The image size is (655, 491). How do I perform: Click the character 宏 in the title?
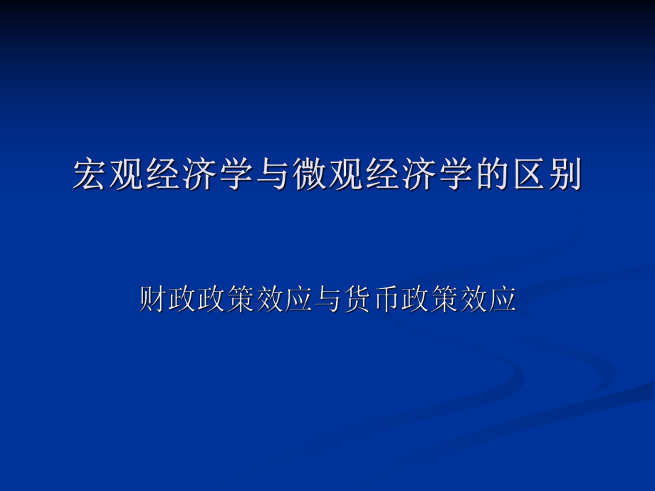click(x=91, y=175)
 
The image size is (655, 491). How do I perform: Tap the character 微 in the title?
click(x=309, y=175)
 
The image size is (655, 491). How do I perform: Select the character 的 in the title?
click(x=491, y=175)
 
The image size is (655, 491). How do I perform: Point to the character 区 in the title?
click(x=527, y=175)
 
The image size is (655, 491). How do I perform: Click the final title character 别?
click(x=563, y=175)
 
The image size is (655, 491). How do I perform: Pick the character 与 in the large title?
click(x=273, y=175)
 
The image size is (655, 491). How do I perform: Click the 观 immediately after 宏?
click(x=127, y=175)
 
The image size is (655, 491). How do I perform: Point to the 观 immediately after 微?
click(x=345, y=175)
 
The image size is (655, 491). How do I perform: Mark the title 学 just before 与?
click(x=236, y=175)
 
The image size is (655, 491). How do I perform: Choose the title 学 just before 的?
click(x=454, y=175)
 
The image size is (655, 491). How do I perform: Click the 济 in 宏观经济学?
click(x=200, y=175)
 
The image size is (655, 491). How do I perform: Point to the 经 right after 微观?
click(x=382, y=175)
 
